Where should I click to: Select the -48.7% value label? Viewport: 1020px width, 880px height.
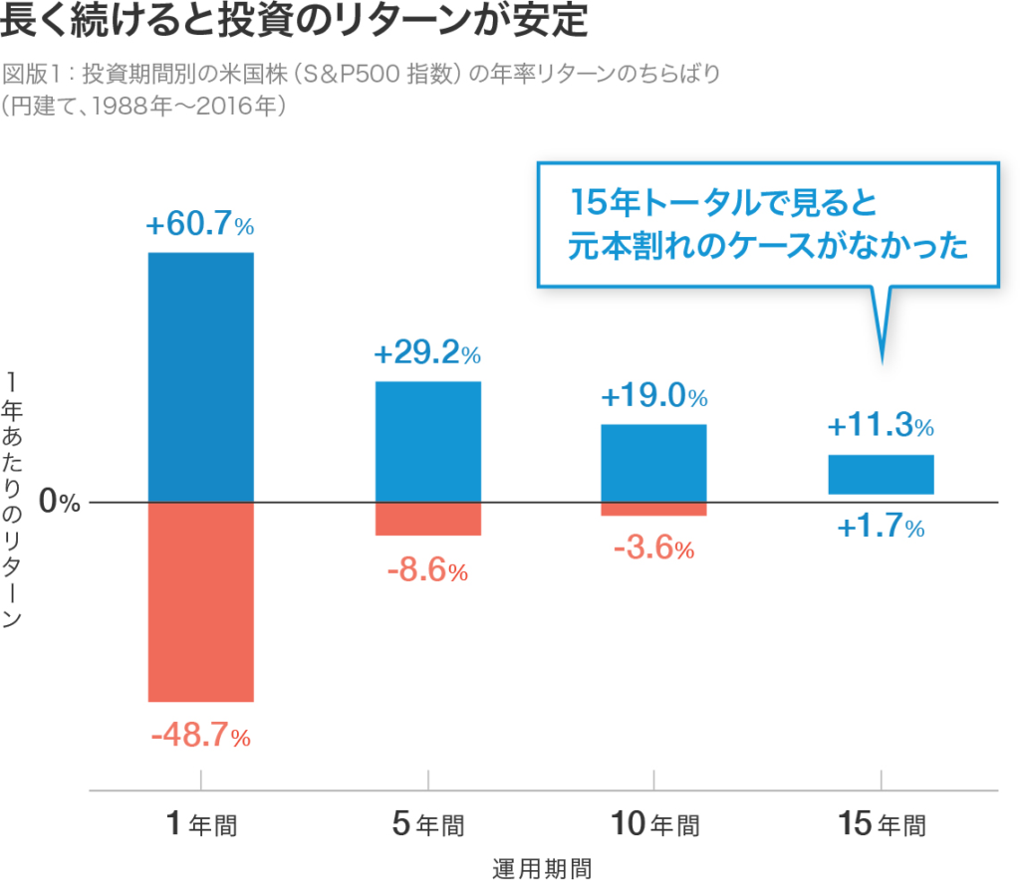pyautogui.click(x=200, y=738)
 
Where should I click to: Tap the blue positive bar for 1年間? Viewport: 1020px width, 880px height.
pyautogui.click(x=200, y=377)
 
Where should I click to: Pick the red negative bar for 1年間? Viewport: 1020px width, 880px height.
pyautogui.click(x=200, y=602)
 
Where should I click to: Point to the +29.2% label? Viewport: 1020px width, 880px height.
pyautogui.click(x=427, y=354)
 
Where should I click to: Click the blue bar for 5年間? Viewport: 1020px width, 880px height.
pyautogui.click(x=427, y=442)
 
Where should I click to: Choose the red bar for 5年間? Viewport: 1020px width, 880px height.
pyautogui.click(x=427, y=519)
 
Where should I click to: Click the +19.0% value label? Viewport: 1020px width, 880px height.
pyautogui.click(x=653, y=398)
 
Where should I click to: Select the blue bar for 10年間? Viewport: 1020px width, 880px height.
pyautogui.click(x=653, y=463)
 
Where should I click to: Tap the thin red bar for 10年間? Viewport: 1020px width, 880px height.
pyautogui.click(x=653, y=510)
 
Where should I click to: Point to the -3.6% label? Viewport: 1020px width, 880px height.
pyautogui.click(x=653, y=549)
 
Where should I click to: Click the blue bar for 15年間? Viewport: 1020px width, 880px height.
pyautogui.click(x=881, y=475)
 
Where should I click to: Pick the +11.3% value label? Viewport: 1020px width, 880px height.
pyautogui.click(x=881, y=428)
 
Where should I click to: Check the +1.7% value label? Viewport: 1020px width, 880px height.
pyautogui.click(x=881, y=528)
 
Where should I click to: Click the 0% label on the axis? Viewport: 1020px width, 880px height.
pyautogui.click(x=59, y=503)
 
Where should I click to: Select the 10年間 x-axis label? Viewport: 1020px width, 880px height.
pyautogui.click(x=653, y=825)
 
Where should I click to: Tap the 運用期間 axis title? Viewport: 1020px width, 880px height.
pyautogui.click(x=542, y=867)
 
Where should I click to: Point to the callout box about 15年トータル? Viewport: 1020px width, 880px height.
pyautogui.click(x=767, y=225)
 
